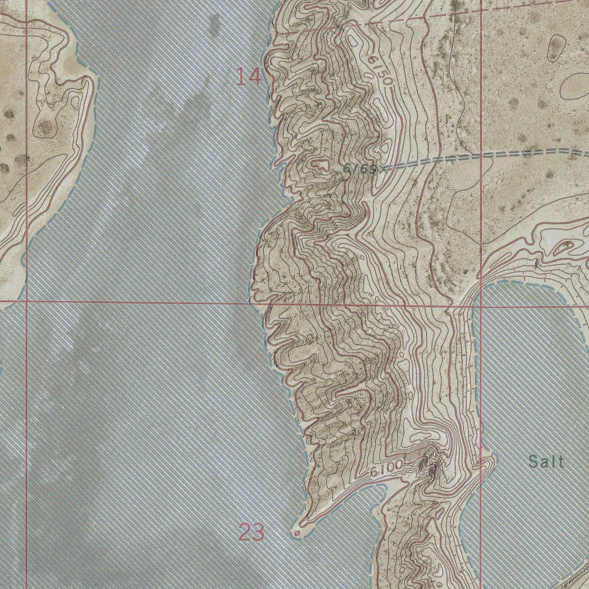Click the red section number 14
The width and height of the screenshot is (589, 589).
(x=249, y=77)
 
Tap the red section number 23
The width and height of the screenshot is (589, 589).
(x=251, y=533)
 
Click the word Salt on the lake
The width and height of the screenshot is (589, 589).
(x=546, y=461)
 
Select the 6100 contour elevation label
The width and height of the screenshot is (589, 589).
(x=386, y=469)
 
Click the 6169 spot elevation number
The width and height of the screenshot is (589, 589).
(x=360, y=169)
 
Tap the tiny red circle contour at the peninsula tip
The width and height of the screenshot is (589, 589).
(x=297, y=534)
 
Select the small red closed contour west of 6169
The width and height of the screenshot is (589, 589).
(x=318, y=165)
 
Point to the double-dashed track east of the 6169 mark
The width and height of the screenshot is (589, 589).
(x=489, y=156)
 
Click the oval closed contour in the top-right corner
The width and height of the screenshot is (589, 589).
(x=556, y=48)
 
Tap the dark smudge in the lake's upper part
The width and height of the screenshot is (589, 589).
(x=214, y=24)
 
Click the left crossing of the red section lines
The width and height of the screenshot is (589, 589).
(x=26, y=300)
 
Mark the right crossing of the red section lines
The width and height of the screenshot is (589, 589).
(x=481, y=305)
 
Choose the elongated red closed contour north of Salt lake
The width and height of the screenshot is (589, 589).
(x=561, y=248)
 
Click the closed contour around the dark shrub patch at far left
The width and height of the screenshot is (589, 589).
(x=44, y=127)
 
